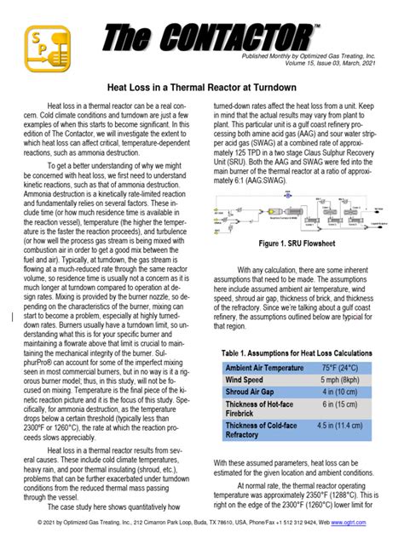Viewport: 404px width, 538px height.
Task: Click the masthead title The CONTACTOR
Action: click(213, 37)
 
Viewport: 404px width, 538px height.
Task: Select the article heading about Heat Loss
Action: click(201, 88)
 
